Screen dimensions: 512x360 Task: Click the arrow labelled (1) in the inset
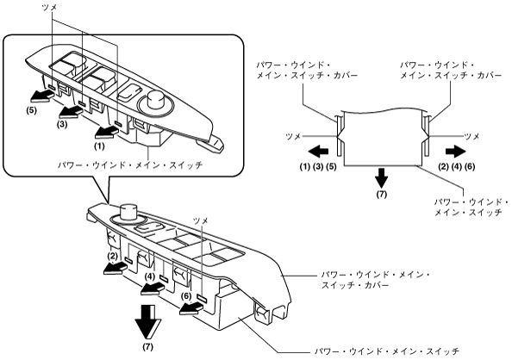click(x=105, y=133)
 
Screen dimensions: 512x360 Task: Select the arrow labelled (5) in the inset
click(x=40, y=96)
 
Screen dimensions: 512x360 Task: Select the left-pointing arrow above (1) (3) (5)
click(x=318, y=152)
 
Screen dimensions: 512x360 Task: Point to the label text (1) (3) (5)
click(x=318, y=167)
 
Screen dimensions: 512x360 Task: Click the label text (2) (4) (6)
click(x=457, y=167)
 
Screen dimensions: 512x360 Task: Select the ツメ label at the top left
click(x=50, y=8)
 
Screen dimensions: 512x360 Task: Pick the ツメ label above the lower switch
click(x=201, y=220)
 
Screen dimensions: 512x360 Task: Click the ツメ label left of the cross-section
click(x=293, y=137)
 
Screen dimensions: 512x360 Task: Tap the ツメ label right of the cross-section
click(x=471, y=137)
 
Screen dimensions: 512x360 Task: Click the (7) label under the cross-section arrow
click(x=381, y=195)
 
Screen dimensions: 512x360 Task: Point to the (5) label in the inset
click(x=31, y=110)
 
